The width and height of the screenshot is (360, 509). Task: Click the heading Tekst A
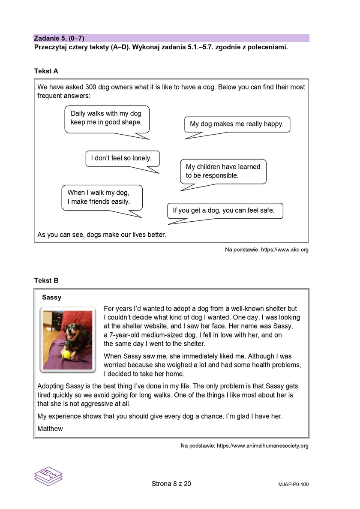coord(46,71)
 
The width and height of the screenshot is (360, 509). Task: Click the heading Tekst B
coord(46,280)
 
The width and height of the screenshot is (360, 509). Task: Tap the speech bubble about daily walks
coord(106,118)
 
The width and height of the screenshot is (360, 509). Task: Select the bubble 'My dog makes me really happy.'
coord(237,124)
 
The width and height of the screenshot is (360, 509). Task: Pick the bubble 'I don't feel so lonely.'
coord(122,158)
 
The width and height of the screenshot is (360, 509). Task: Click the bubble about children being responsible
coord(223,171)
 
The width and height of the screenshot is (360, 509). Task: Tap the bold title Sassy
coord(51,297)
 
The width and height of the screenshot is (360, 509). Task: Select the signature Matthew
coord(50,428)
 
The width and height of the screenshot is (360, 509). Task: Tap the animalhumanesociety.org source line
coord(244,446)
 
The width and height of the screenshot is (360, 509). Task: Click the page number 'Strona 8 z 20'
coord(171,484)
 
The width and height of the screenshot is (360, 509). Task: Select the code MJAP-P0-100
coord(293,485)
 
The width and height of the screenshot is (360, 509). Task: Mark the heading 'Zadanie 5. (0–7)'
coord(56,38)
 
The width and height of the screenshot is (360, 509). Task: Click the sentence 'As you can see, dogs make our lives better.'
coord(102,235)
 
